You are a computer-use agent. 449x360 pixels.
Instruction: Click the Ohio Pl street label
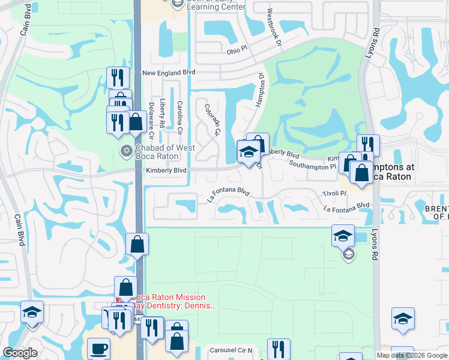[x=237, y=50]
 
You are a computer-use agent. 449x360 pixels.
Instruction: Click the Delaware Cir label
[x=151, y=119]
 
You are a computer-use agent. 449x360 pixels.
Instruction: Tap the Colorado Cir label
[x=212, y=119]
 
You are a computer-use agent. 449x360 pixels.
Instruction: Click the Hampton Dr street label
[x=261, y=91]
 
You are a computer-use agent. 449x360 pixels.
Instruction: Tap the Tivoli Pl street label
[x=335, y=193]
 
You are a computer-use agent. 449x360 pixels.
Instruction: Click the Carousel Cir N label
[x=231, y=349]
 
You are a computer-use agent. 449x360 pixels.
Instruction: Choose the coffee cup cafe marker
[x=98, y=348]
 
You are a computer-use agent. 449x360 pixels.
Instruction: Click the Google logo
[x=20, y=353]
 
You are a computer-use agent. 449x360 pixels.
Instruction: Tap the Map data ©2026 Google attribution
[x=411, y=355]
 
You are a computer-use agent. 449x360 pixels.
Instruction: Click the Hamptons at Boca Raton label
[x=391, y=172]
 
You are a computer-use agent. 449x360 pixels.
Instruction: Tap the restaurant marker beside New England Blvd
[x=117, y=77]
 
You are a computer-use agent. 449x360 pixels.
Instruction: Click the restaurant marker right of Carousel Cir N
[x=279, y=349]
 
